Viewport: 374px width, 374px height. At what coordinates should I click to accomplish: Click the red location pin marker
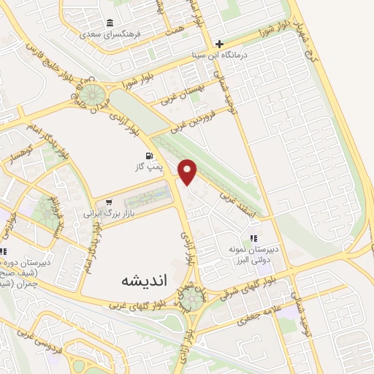pos(188,172)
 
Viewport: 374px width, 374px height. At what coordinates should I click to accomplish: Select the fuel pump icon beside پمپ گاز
pos(150,156)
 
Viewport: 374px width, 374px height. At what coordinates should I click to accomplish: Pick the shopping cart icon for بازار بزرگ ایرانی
pos(108,202)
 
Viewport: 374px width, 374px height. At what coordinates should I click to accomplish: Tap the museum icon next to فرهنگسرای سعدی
pos(110,22)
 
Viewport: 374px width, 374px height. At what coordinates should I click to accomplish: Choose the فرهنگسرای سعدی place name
pos(109,34)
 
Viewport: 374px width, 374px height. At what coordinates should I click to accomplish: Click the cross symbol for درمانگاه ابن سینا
pos(218,44)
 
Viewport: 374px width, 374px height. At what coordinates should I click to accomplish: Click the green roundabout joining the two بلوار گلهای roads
pos(194,299)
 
